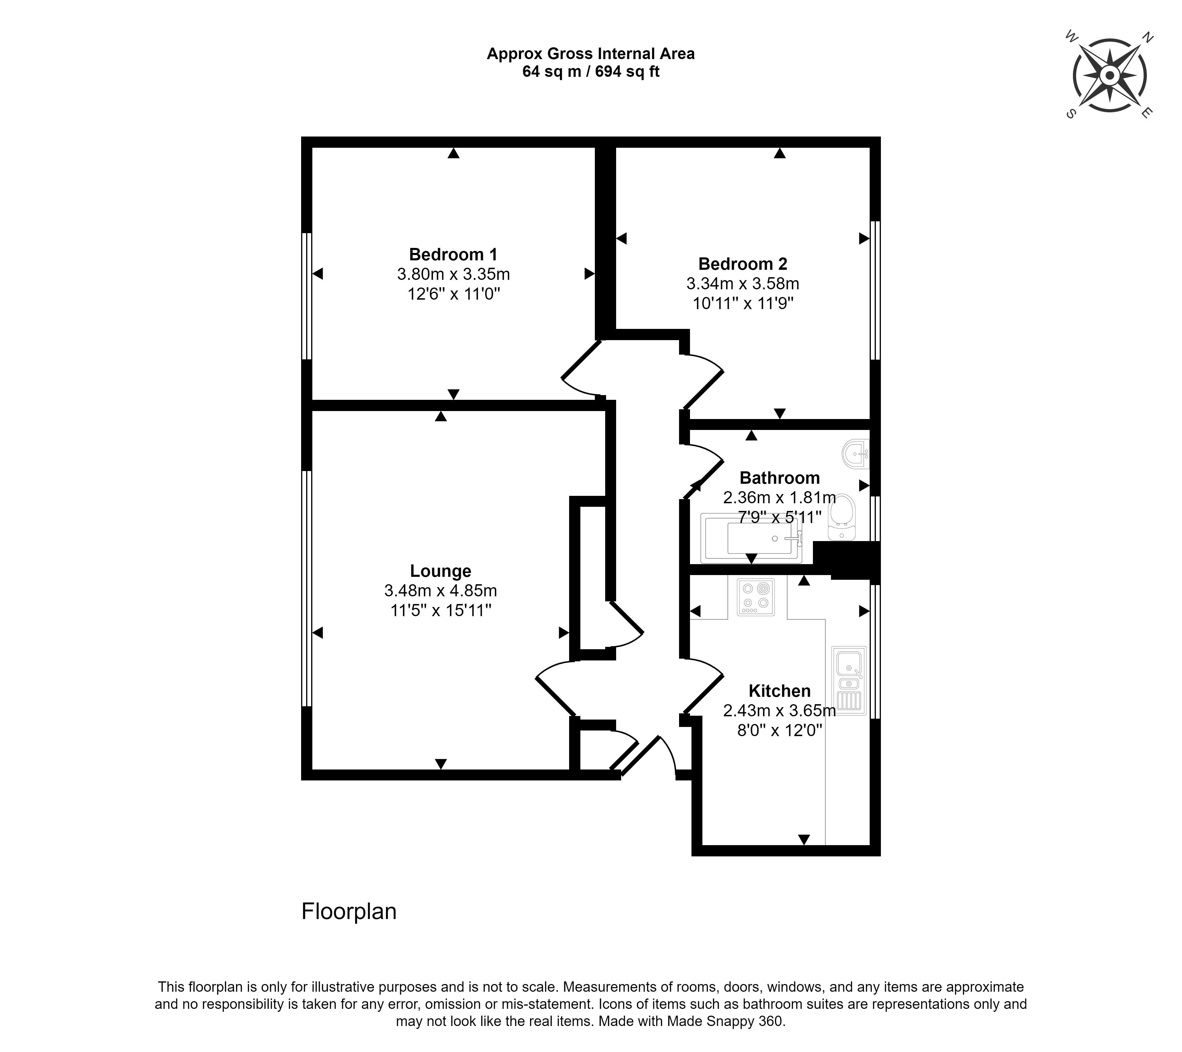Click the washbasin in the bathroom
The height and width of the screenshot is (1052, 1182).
(856, 454)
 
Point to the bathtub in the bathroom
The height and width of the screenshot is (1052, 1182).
(751, 538)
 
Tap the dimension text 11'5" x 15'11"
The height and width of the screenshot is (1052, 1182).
(441, 610)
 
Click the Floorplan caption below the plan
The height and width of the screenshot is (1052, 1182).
(349, 911)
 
